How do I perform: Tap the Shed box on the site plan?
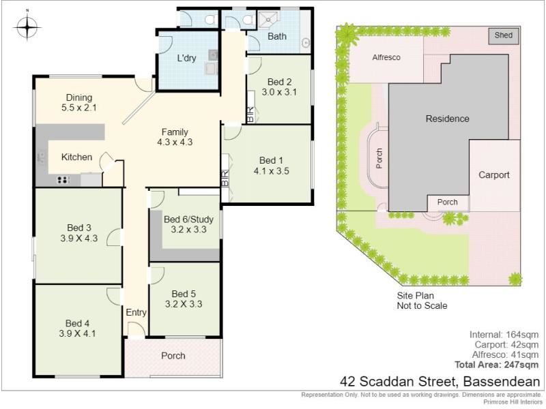[x=504, y=36]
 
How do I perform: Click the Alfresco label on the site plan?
[x=386, y=57]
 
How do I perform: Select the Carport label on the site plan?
[x=493, y=175]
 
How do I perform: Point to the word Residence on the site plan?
[x=448, y=119]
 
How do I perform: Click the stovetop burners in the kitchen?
[x=63, y=180]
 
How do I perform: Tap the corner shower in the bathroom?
[x=268, y=20]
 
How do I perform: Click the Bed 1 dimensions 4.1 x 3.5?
[x=271, y=171]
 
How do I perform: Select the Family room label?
[x=175, y=132]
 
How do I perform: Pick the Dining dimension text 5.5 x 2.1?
[x=79, y=108]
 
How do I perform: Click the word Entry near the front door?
[x=136, y=313]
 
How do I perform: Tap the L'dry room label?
[x=186, y=58]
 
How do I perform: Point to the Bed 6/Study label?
[x=188, y=219]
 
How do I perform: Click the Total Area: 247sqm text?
[x=497, y=365]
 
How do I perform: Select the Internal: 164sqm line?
[x=504, y=335]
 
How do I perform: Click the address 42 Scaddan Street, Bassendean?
[x=440, y=382]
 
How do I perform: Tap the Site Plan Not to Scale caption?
[x=422, y=301]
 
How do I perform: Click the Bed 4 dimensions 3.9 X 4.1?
[x=77, y=333]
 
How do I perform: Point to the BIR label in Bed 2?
[x=250, y=115]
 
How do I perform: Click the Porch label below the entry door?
[x=173, y=356]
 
